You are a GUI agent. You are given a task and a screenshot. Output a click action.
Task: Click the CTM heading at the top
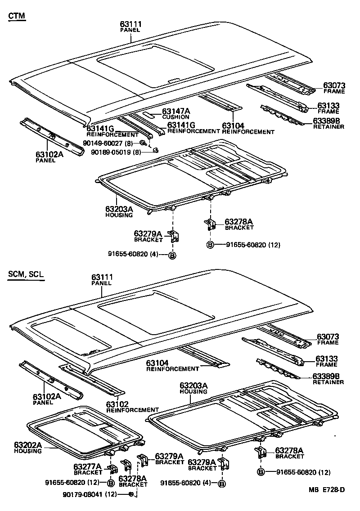point(17,16)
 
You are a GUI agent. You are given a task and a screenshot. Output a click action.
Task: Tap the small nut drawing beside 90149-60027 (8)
point(142,143)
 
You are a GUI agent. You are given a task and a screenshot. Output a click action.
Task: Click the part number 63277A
point(88,466)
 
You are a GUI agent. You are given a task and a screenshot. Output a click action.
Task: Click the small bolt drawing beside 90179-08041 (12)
point(130,494)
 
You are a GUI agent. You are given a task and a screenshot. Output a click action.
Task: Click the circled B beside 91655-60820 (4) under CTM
point(171,255)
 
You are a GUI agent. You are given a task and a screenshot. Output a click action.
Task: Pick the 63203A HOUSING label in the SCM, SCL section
point(193,388)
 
